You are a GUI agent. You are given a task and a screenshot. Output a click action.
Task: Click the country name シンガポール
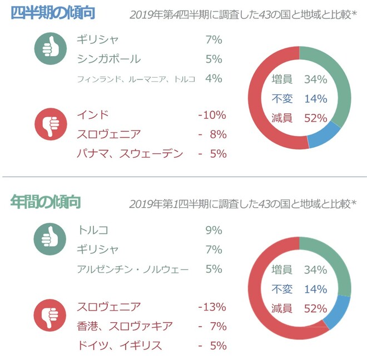tap(109, 59)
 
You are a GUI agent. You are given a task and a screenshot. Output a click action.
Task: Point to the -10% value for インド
tap(211, 116)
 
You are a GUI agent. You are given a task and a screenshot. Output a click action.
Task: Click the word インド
tap(92, 116)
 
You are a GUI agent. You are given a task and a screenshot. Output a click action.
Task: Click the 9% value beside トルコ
tap(214, 230)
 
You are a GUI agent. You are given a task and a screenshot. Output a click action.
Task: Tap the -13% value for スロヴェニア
tap(211, 307)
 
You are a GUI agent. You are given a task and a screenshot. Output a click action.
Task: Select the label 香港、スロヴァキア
tap(125, 326)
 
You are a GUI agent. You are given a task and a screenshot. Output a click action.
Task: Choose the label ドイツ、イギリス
tap(120, 345)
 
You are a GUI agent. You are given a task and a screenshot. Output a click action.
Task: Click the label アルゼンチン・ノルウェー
tap(133, 269)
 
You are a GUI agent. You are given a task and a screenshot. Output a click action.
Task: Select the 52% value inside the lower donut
tap(315, 308)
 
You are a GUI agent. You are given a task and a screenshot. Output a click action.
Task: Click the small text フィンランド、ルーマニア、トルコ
tap(136, 79)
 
